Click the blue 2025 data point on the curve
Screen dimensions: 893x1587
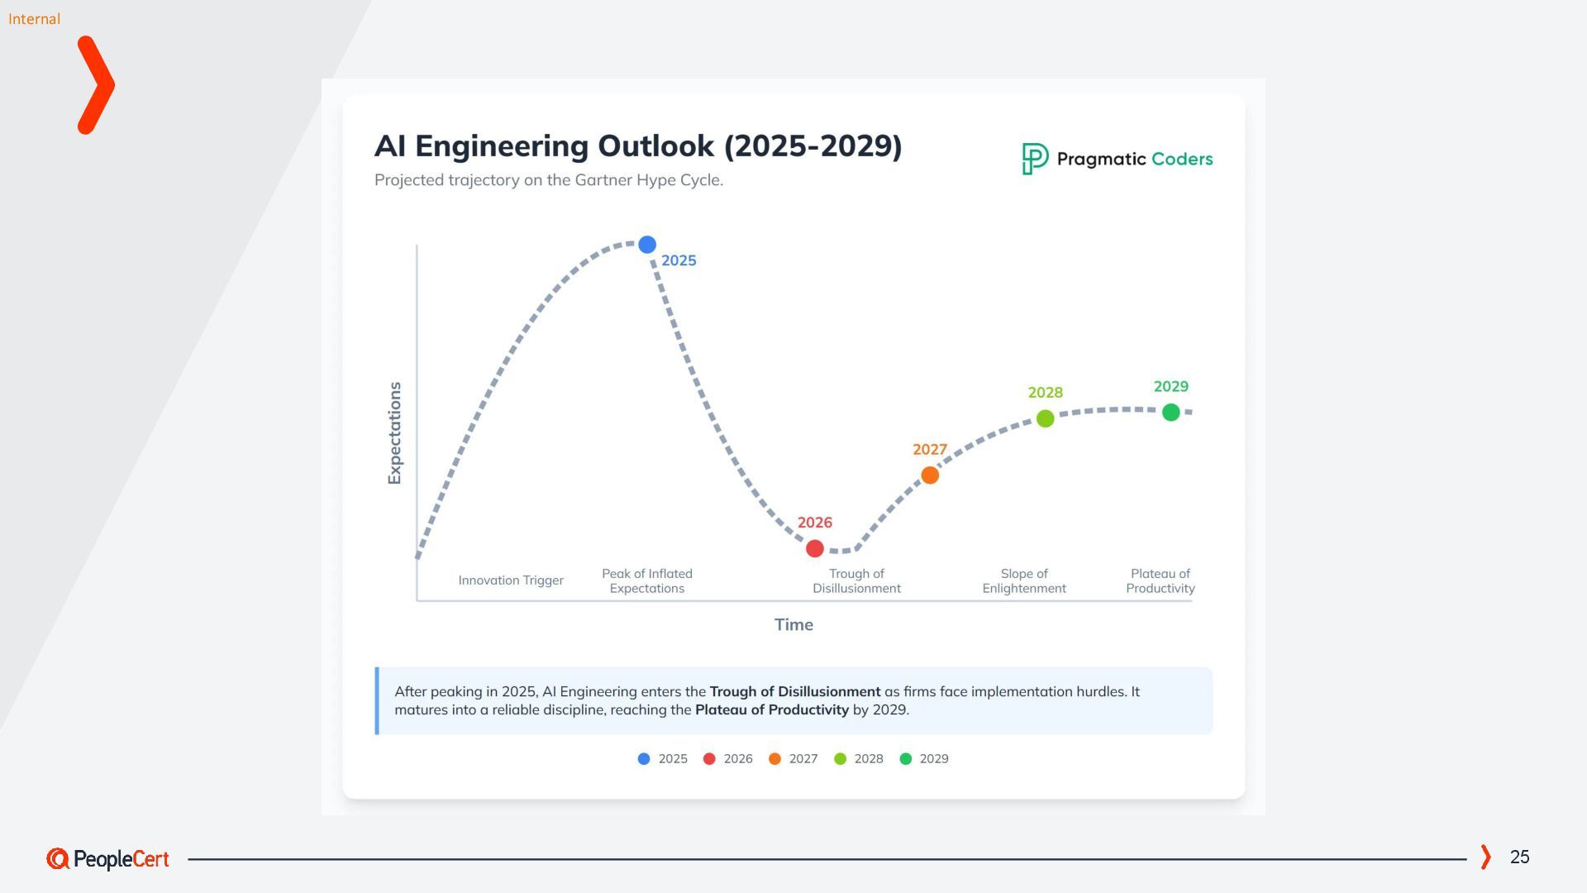[x=647, y=245]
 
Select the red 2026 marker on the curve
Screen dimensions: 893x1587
[x=815, y=548]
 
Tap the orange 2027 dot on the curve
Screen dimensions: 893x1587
[x=930, y=475]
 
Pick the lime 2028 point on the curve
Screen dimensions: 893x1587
[x=1046, y=418]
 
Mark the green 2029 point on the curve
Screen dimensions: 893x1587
[x=1171, y=412]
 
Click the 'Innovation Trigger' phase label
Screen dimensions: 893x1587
[x=511, y=580]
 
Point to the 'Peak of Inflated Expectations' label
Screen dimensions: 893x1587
[x=647, y=581]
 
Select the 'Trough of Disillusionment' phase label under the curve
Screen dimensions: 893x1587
[x=856, y=581]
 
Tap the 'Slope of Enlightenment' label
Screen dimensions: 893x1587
[x=1024, y=581]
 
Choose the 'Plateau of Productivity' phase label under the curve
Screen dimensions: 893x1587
[x=1160, y=581]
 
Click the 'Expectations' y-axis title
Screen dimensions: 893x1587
[x=395, y=433]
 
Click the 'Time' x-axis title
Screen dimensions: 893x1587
[x=793, y=625]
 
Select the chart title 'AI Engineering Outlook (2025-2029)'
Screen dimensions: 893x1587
[x=638, y=146]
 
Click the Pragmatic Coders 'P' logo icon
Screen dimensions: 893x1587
[x=1035, y=159]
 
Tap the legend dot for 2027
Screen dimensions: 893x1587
[x=774, y=759]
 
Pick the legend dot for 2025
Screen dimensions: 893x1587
[x=644, y=759]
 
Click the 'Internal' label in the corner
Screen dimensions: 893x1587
[x=34, y=19]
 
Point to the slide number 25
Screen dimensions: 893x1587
[x=1519, y=857]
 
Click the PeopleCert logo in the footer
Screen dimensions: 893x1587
[x=107, y=859]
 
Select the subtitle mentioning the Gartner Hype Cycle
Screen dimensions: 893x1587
[x=549, y=180]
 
